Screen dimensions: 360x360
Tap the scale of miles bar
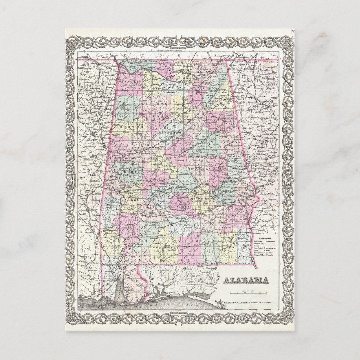coord(248,293)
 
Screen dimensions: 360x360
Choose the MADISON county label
coord(184,70)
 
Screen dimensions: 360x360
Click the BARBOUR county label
coord(237,217)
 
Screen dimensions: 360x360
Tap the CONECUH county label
coord(164,248)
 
